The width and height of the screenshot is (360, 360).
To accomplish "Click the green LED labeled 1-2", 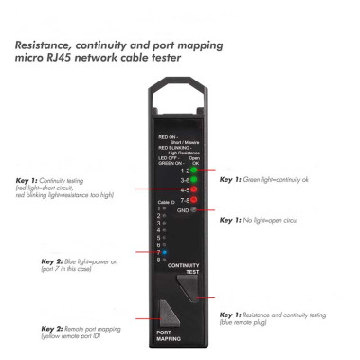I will coord(193,171).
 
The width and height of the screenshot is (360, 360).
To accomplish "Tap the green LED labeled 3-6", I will coord(193,180).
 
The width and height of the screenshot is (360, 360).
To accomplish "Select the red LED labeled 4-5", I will coord(193,190).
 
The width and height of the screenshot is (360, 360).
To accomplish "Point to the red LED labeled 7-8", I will coord(193,200).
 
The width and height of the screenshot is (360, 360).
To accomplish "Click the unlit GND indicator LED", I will coord(193,210).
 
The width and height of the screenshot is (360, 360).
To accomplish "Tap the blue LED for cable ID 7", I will coord(165,253).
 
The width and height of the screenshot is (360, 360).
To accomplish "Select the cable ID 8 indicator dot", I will coord(165,261).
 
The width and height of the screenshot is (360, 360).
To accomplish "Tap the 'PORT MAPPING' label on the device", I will coord(168,334).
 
